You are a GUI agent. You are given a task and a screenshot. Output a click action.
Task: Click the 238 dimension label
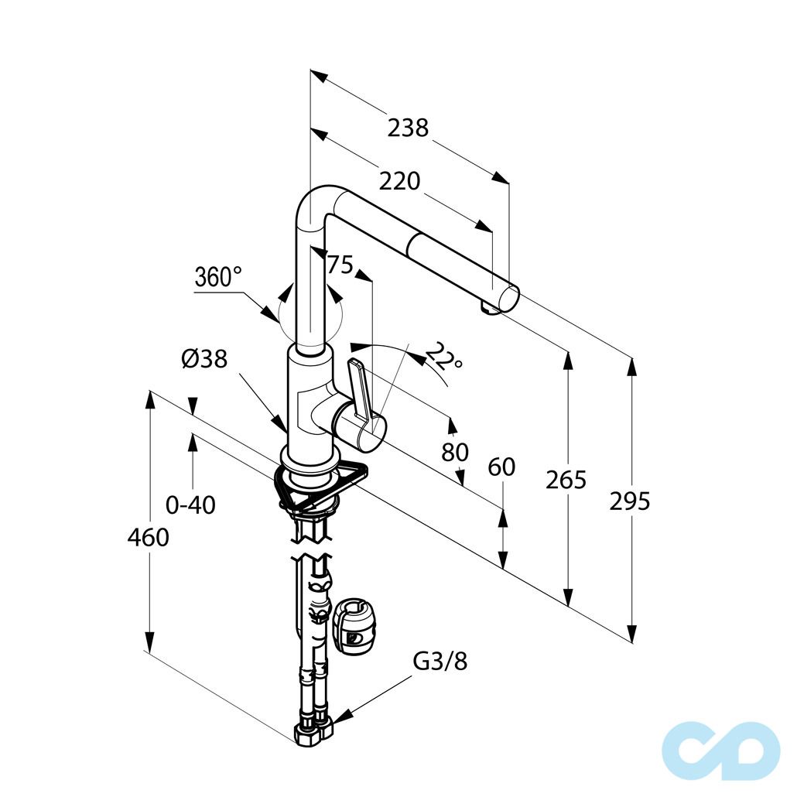click(x=408, y=128)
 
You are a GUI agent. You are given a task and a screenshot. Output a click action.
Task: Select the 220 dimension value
click(x=399, y=181)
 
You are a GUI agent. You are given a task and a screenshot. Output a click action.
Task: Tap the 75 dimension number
click(x=340, y=265)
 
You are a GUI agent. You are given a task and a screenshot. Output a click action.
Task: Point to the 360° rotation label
click(x=218, y=277)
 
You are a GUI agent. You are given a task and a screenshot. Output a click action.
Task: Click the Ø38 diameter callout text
click(x=204, y=359)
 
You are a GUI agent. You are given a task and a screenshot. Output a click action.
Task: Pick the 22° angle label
click(x=443, y=355)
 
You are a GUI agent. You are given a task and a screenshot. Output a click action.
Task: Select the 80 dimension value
click(x=455, y=452)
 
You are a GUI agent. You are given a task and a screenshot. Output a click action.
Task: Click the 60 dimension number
click(x=501, y=467)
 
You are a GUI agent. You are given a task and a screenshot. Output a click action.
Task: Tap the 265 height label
click(x=566, y=479)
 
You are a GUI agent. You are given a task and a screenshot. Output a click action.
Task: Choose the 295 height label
click(x=630, y=501)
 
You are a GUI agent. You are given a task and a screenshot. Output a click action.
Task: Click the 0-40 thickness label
click(x=190, y=505)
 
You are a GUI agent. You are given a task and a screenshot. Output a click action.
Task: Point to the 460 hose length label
click(x=148, y=537)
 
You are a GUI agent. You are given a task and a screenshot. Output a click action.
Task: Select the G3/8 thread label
click(x=440, y=662)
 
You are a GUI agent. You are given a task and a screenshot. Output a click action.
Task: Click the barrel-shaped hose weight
click(x=352, y=626)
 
